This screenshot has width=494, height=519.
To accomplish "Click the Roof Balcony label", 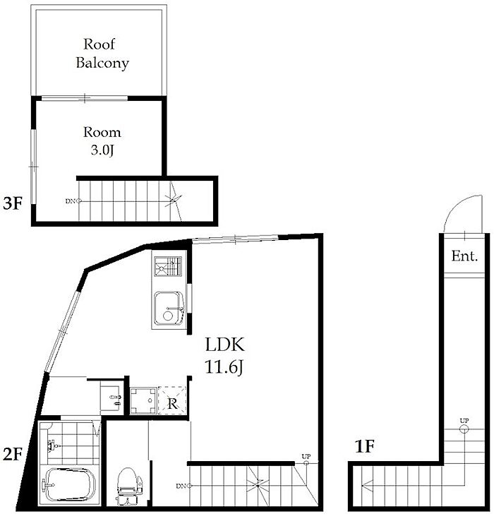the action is tap(102, 53).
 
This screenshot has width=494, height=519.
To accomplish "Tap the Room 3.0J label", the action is tap(102, 141).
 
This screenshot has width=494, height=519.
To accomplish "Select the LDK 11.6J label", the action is tap(224, 356).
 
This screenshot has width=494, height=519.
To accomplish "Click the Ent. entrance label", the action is tap(464, 256).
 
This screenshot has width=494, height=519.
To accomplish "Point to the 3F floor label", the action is tap(12, 203).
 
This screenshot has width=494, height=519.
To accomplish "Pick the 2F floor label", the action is tap(12, 454).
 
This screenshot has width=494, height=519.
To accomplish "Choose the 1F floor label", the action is tap(364, 446).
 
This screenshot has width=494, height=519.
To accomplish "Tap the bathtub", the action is tap(69, 485).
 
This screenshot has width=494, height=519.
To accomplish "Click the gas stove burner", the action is tap(168, 266).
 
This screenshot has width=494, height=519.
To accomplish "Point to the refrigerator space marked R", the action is tap(172, 400).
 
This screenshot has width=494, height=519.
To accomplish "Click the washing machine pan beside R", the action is tap(143, 400).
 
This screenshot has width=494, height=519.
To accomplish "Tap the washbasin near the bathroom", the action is tap(110, 399).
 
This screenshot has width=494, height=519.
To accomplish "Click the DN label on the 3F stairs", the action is tap(70, 201).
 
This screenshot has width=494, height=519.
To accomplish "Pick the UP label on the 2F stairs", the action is tap(306, 456).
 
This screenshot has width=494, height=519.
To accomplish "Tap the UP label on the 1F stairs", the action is tap(464, 420).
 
